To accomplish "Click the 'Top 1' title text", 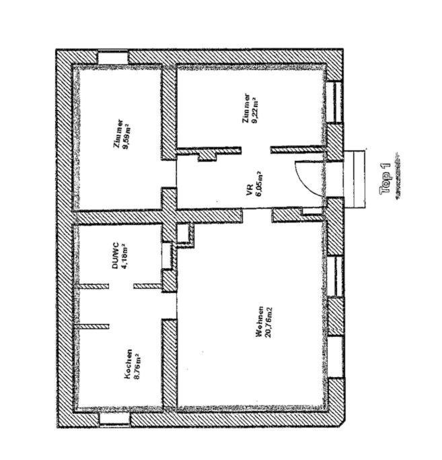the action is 385,179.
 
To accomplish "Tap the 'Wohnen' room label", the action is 259,321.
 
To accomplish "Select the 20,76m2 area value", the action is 268,323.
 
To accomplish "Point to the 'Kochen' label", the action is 128,364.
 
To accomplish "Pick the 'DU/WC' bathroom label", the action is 115,255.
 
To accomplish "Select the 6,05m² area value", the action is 259,185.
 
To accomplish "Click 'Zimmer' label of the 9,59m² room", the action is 119,134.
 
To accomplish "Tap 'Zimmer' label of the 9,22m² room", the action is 246,108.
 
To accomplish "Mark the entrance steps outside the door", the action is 355,179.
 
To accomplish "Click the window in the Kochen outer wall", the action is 114,419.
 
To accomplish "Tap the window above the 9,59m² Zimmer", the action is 113,57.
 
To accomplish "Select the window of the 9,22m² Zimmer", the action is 335,102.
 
